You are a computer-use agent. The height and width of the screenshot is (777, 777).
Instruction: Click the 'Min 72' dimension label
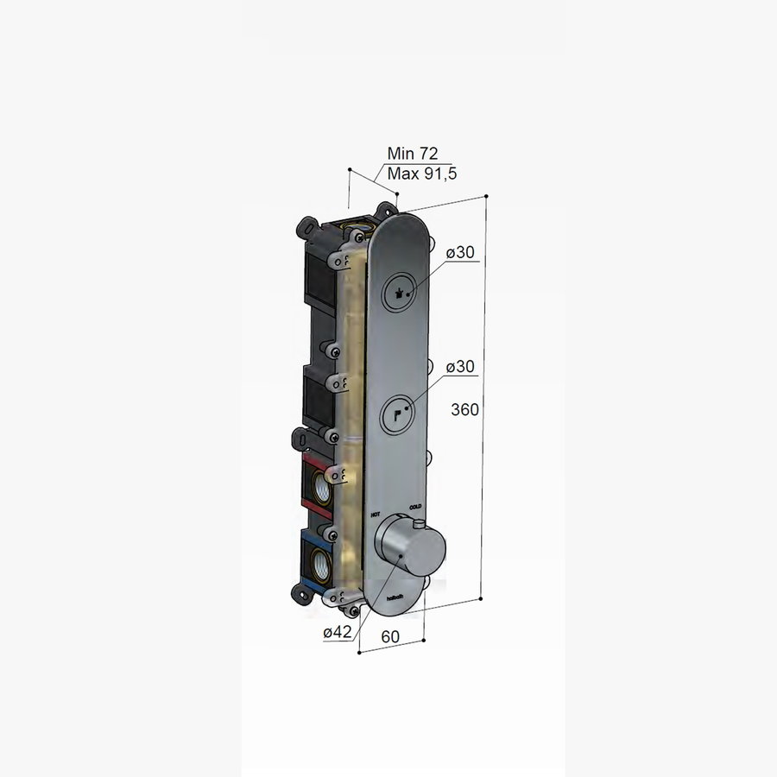(413, 154)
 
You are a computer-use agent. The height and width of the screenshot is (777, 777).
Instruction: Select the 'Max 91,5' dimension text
(421, 174)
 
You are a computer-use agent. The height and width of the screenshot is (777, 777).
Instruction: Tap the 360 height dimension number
(464, 409)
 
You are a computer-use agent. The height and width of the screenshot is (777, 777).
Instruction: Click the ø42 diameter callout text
(337, 633)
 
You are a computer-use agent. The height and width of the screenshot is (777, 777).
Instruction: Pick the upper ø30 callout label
(461, 253)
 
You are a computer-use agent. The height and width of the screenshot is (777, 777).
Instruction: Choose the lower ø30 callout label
(461, 367)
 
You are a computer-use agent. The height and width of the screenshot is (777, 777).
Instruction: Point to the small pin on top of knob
(419, 524)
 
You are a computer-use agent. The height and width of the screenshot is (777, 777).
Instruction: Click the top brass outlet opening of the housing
(354, 229)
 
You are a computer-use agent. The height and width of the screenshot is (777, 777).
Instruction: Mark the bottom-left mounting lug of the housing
(302, 594)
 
